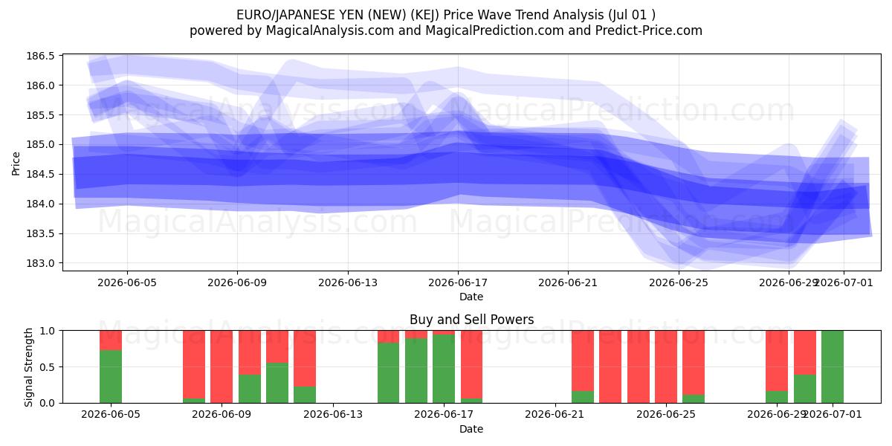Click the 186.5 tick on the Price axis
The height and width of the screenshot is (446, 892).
click(x=40, y=56)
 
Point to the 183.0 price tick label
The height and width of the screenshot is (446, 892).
click(x=40, y=263)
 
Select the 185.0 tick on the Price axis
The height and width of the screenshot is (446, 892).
click(x=40, y=144)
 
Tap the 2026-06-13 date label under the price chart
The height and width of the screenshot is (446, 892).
click(x=348, y=282)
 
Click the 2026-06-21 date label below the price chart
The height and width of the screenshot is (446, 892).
click(x=568, y=282)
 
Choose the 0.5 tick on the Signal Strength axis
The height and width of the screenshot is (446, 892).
click(x=48, y=366)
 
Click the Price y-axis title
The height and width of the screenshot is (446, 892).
click(x=16, y=164)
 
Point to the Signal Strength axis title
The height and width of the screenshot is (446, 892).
click(x=28, y=367)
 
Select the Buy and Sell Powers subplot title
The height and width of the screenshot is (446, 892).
click(x=471, y=320)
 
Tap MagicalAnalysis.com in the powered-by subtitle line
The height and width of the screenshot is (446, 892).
click(x=330, y=30)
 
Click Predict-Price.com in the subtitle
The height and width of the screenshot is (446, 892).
click(x=649, y=30)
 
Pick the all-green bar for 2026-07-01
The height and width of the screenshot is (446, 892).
click(x=833, y=366)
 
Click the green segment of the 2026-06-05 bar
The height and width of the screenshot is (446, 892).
click(x=111, y=377)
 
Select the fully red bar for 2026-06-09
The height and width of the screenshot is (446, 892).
click(x=222, y=366)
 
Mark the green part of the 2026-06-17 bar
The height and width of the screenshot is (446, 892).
click(x=444, y=369)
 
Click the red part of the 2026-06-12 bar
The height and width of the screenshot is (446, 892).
click(x=305, y=358)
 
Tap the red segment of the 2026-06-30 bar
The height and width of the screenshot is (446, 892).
click(x=805, y=352)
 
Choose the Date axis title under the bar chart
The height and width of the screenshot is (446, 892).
click(x=471, y=429)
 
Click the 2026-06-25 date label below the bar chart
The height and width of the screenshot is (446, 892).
click(x=666, y=415)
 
